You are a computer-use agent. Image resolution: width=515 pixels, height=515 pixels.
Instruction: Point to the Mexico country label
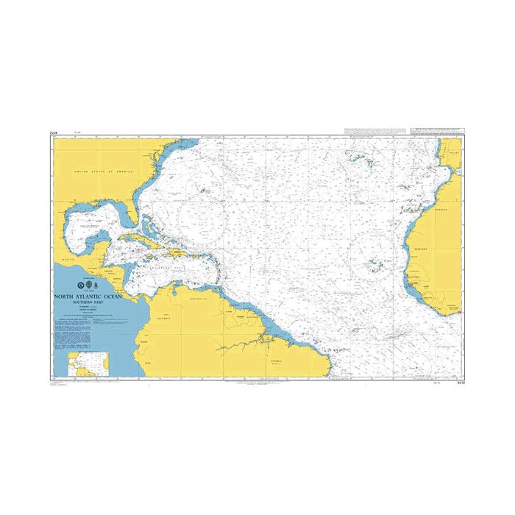pyautogui.click(x=71, y=260)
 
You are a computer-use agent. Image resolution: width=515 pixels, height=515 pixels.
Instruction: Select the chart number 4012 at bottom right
pyautogui.click(x=459, y=383)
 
